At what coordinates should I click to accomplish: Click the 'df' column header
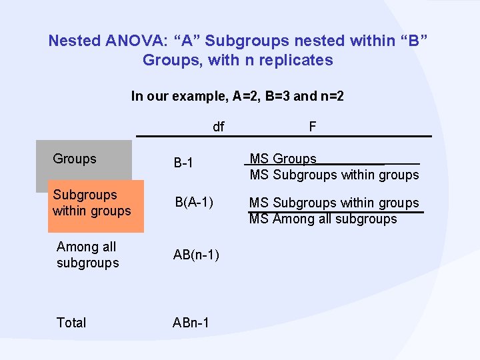tap(219, 127)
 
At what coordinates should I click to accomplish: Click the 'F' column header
tap(312, 127)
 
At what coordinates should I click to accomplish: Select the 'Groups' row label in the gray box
tap(75, 159)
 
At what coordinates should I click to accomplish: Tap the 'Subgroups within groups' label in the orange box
tap(92, 203)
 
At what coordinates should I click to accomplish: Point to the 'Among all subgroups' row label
tap(88, 255)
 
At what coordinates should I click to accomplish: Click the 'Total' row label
tap(71, 323)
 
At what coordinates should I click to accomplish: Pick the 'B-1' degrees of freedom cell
tap(184, 163)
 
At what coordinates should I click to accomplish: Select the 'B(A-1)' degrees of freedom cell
tap(195, 203)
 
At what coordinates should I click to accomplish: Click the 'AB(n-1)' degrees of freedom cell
tap(197, 255)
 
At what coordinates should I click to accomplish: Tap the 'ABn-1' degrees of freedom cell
tap(191, 323)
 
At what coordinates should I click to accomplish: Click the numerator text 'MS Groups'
tap(283, 159)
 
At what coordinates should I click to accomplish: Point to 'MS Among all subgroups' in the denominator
tap(323, 219)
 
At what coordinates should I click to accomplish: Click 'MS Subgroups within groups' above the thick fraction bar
tap(334, 203)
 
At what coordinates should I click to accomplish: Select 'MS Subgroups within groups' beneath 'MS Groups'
tap(334, 175)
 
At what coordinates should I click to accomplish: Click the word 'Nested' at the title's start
tap(74, 41)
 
